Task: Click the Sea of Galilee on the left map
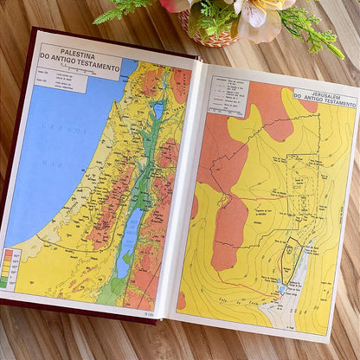[157, 110]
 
